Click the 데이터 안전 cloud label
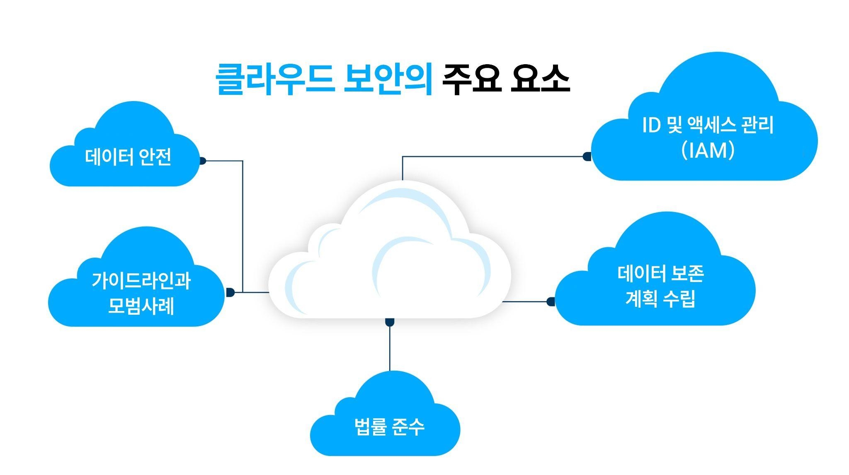(128, 157)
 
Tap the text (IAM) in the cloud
(708, 150)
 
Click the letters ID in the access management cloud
(651, 125)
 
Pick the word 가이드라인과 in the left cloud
(141, 281)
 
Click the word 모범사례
(141, 306)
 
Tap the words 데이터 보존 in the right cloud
(660, 274)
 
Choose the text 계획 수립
(660, 299)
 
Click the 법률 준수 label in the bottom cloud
(389, 427)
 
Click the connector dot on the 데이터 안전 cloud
(202, 161)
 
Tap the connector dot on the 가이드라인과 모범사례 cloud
(230, 292)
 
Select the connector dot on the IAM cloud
(587, 157)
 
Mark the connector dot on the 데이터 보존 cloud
(551, 301)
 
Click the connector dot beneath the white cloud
(390, 322)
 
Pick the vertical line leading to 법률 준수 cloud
(390, 348)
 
